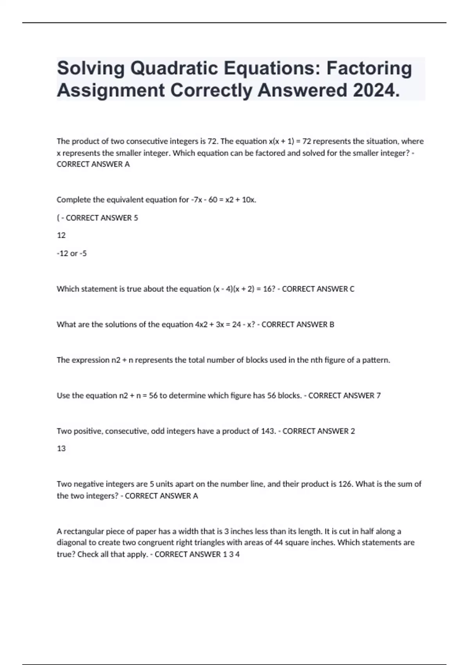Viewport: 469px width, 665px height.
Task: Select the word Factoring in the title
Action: pos(369,68)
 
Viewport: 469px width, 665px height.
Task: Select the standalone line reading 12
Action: pos(61,235)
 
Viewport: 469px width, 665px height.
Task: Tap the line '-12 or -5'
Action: pos(72,253)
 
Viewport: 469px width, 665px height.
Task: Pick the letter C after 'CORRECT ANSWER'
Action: pos(352,289)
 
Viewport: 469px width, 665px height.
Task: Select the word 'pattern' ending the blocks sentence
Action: pos(376,360)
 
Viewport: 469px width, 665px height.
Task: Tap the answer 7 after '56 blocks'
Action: pos(378,395)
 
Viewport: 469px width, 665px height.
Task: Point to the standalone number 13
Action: pos(61,449)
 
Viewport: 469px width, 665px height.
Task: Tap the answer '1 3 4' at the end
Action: pos(231,554)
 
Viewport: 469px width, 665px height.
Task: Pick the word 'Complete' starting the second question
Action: pos(72,200)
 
